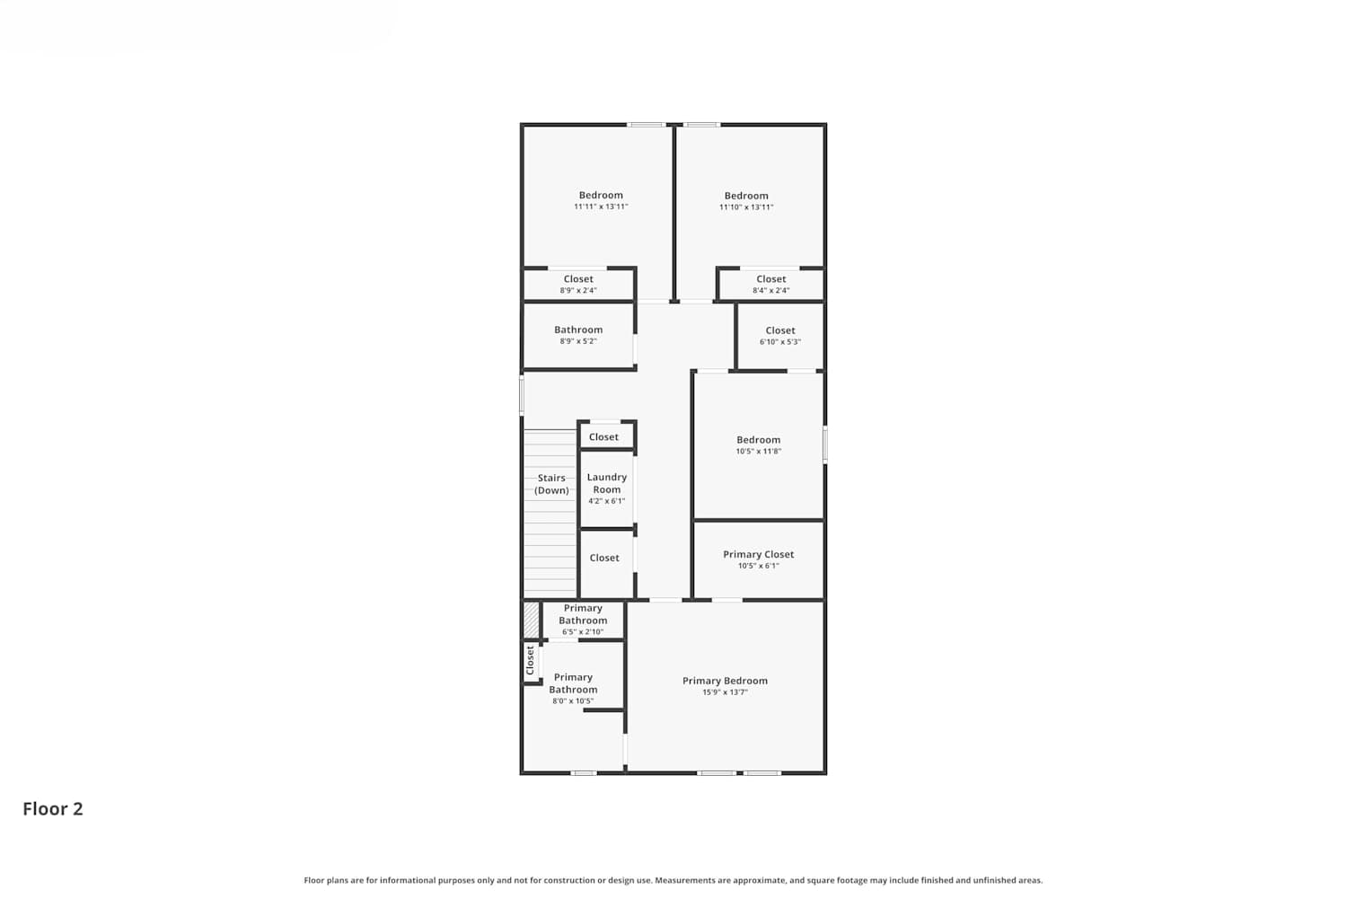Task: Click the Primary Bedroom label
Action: point(725,681)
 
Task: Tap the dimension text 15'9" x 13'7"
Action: point(725,692)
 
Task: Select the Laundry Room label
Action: point(607,483)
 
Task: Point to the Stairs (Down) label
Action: point(551,484)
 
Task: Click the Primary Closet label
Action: point(758,554)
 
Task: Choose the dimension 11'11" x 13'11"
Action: point(601,207)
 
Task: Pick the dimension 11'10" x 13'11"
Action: point(746,207)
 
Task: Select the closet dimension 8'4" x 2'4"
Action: point(770,291)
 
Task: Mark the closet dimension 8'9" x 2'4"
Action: point(578,291)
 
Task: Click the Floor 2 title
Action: point(53,809)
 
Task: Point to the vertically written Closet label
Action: point(530,660)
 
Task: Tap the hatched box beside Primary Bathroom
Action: point(531,621)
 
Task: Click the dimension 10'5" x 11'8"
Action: point(758,451)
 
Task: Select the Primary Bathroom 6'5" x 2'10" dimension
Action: point(583,631)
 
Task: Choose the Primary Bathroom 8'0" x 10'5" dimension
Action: point(573,700)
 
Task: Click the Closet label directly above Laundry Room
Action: point(603,436)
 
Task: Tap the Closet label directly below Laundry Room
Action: point(604,558)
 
